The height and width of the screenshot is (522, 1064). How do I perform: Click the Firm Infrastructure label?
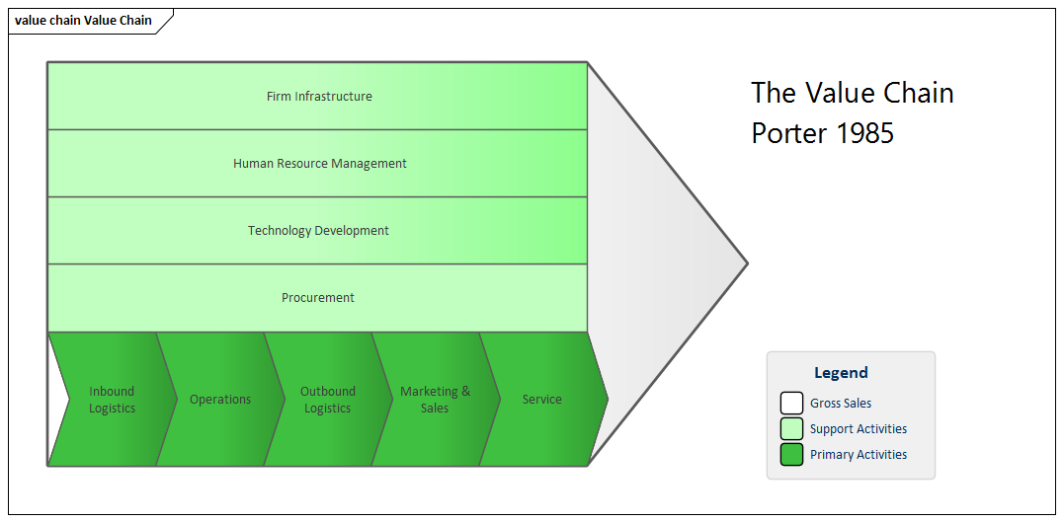[x=319, y=97]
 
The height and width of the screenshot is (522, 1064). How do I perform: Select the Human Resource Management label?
[x=319, y=164]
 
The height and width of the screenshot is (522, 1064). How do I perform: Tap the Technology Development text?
[x=318, y=231]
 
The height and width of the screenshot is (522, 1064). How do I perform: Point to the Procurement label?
[x=318, y=298]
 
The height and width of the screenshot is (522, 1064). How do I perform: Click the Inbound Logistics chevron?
[x=112, y=400]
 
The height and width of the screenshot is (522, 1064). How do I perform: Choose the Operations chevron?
[x=220, y=400]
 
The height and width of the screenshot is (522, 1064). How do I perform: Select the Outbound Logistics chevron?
[x=328, y=400]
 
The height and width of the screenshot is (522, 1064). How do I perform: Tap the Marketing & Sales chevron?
[x=435, y=400]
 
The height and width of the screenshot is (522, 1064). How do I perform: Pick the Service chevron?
[x=541, y=400]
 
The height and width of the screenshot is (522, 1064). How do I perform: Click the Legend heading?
[x=841, y=373]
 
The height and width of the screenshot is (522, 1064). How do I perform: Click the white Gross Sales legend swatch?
[x=791, y=404]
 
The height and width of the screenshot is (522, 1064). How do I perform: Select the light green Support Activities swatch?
[x=791, y=429]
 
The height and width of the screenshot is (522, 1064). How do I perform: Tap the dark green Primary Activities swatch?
[x=791, y=455]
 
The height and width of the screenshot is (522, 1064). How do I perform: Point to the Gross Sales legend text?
[x=841, y=404]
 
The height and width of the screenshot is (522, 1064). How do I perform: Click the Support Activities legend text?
[x=858, y=429]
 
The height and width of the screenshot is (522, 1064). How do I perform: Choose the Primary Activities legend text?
[x=858, y=455]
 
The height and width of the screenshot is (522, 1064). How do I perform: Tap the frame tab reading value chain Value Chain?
[x=84, y=21]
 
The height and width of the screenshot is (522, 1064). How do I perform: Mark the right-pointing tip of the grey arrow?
[x=746, y=263]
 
